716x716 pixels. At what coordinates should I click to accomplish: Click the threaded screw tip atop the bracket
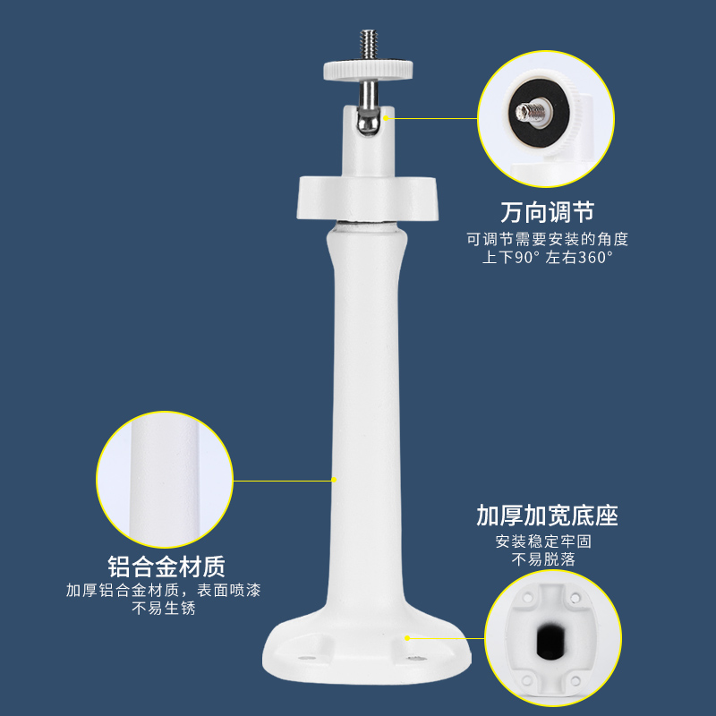pyautogui.click(x=369, y=44)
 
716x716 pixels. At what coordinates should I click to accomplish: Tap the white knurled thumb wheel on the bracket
pyautogui.click(x=368, y=71)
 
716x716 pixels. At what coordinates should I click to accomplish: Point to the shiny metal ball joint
pyautogui.click(x=368, y=123)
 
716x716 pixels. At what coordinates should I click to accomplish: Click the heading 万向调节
pyautogui.click(x=547, y=212)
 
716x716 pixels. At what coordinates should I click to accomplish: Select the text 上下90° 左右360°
pyautogui.click(x=547, y=257)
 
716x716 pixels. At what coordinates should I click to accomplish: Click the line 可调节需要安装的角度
pyautogui.click(x=547, y=239)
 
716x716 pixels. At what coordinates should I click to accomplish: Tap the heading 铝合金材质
pyautogui.click(x=166, y=567)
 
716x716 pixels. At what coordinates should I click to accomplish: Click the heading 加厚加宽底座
pyautogui.click(x=547, y=516)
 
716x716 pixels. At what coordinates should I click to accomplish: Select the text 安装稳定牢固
pyautogui.click(x=543, y=541)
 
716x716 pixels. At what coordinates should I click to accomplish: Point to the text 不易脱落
pyautogui.click(x=543, y=559)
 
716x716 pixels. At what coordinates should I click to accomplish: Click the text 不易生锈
pyautogui.click(x=164, y=609)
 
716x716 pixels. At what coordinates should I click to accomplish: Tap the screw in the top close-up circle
pyautogui.click(x=531, y=111)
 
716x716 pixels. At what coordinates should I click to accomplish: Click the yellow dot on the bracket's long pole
pyautogui.click(x=334, y=480)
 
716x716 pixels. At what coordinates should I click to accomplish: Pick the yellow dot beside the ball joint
pyautogui.click(x=386, y=118)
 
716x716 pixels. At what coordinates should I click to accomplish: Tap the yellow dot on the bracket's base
pyautogui.click(x=407, y=638)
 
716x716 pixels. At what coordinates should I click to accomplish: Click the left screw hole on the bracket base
pyautogui.click(x=307, y=659)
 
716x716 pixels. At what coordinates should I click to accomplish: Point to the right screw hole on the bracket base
pyautogui.click(x=416, y=659)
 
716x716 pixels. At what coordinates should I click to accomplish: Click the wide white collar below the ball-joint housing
pyautogui.click(x=368, y=199)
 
